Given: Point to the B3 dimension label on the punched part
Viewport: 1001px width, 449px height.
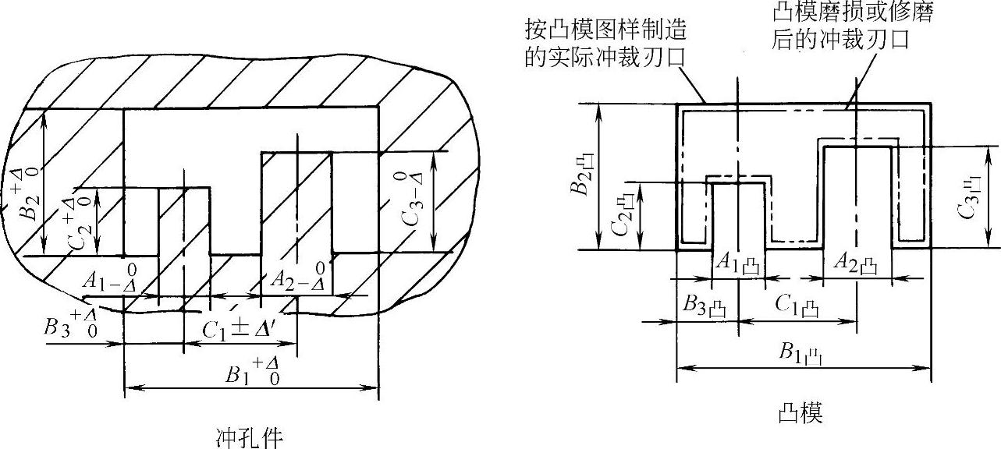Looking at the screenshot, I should (x=71, y=325).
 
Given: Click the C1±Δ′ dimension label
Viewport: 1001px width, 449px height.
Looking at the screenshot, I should (x=236, y=329).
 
